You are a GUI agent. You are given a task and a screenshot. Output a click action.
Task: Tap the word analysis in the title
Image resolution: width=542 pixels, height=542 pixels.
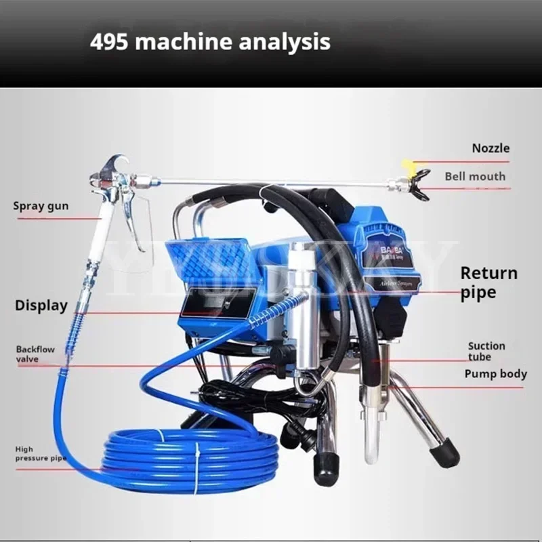(285, 43)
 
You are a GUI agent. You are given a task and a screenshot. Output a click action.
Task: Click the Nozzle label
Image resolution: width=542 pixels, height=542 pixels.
(491, 148)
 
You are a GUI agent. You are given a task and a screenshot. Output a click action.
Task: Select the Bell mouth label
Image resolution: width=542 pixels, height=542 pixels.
(475, 177)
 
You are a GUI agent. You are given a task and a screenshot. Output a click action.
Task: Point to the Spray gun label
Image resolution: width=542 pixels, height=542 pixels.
(41, 205)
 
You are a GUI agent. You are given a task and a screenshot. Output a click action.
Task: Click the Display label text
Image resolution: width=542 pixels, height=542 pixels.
(41, 306)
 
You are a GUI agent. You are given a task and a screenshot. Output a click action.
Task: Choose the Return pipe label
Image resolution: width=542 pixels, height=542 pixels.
(488, 283)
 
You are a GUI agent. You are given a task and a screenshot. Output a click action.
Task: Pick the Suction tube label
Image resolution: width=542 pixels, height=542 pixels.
(486, 351)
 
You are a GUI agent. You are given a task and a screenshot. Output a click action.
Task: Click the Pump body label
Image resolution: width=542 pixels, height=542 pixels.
(495, 374)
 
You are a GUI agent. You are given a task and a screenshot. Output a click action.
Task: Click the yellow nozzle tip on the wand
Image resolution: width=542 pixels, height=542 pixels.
(407, 164)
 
